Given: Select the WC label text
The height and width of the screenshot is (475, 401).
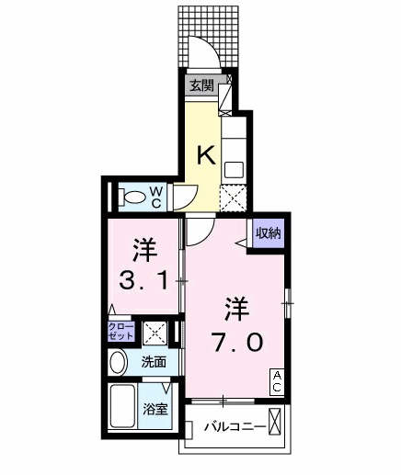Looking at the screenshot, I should point(156,196).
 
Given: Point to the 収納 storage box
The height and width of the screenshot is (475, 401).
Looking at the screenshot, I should point(268,233).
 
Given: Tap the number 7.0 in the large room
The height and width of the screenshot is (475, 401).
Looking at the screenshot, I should point(238,341).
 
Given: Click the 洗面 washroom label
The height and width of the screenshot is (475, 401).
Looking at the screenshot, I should point(154,362).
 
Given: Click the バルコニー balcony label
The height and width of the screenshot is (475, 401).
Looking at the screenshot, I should point(235,428).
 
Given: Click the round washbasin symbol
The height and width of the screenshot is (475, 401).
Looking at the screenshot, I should point(118,362).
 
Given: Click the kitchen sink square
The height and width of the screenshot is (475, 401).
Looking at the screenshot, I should point(234,169).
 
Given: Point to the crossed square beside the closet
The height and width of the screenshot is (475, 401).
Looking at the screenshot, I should point(154,332).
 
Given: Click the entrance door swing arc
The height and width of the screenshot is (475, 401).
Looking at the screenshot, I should point(203,52).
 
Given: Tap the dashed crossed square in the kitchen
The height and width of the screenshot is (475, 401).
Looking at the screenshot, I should point(235,198).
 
